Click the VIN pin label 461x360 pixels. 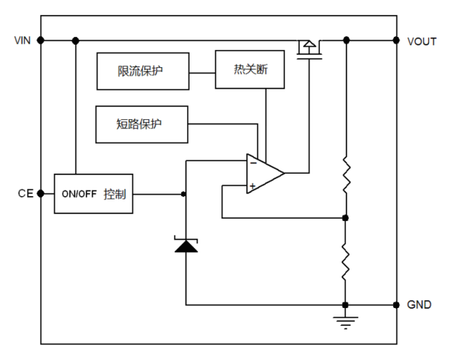[22, 41]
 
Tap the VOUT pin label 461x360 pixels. [421, 41]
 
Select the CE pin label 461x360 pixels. [25, 193]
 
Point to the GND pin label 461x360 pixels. [420, 305]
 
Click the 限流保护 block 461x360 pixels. [142, 70]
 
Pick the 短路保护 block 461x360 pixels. [142, 124]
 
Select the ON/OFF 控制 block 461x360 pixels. [94, 194]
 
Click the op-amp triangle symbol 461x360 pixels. [264, 174]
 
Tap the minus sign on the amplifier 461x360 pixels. [253, 162]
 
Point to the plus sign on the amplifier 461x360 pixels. [253, 186]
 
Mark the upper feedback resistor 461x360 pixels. [345, 174]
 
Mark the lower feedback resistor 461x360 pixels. [345, 260]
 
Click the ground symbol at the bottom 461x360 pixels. [345, 322]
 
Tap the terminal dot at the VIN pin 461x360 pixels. [41, 40]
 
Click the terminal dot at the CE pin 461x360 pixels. [41, 193]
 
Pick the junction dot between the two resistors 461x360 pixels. [345, 217]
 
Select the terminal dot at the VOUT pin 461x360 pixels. [396, 40]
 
